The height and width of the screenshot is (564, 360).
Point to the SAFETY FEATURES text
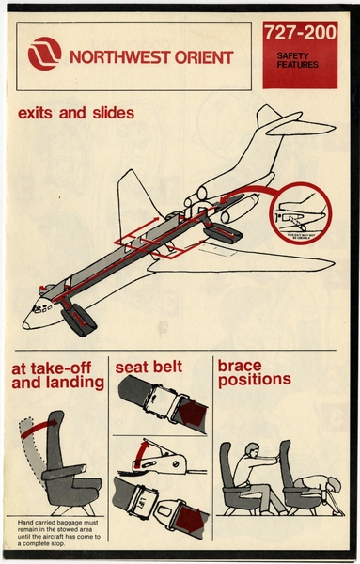tap(299, 62)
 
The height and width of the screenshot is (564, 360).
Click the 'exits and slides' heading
tap(75, 114)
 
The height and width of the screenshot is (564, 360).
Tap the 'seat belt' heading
tap(149, 367)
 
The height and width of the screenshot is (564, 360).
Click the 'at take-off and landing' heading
tap(57, 374)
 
